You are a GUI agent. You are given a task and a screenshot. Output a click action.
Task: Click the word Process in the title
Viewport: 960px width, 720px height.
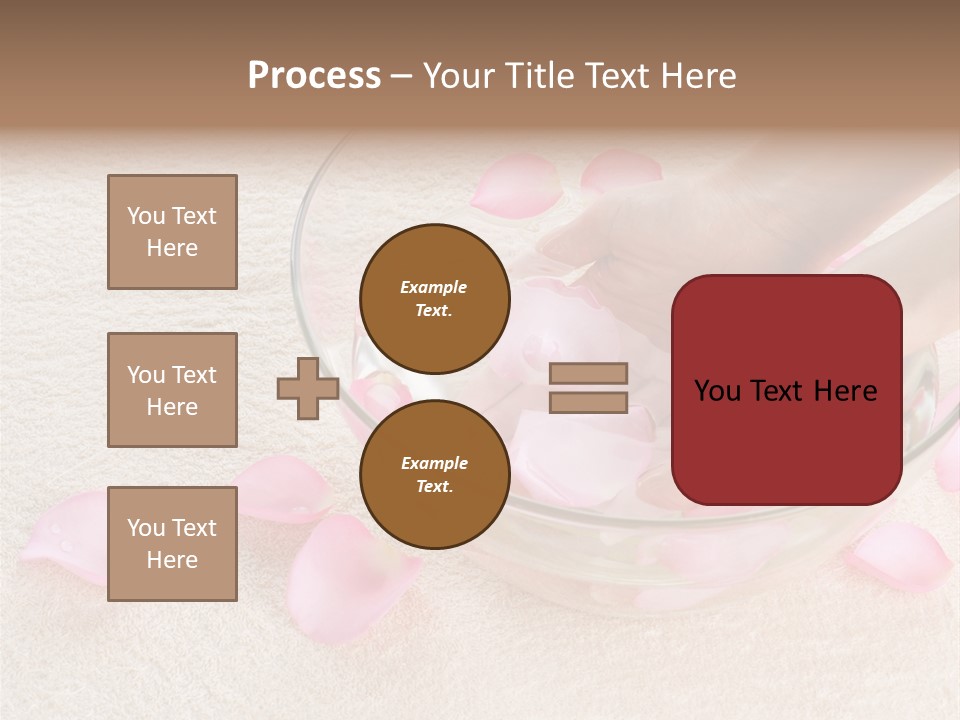click(314, 76)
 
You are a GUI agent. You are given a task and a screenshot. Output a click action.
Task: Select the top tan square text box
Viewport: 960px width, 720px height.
click(172, 232)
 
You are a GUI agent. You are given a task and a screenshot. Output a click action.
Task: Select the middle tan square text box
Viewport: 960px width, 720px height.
click(172, 390)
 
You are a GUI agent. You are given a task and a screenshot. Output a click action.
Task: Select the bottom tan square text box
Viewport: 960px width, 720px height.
click(172, 544)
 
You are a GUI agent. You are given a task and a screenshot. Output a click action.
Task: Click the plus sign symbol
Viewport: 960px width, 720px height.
click(307, 388)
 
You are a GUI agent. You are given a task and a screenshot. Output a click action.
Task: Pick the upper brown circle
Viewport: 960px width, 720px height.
click(434, 298)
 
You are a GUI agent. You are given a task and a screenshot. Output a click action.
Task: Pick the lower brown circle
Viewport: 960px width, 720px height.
click(434, 474)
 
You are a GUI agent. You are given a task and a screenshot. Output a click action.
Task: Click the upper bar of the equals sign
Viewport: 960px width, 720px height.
click(588, 373)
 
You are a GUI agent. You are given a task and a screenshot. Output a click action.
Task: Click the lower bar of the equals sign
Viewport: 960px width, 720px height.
click(588, 402)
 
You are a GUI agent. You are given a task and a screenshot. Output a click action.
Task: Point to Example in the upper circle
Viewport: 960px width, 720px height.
click(434, 287)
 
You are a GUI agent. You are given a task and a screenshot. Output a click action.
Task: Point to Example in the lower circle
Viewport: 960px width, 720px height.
click(434, 463)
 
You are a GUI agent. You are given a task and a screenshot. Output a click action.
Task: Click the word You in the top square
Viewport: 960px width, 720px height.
click(145, 216)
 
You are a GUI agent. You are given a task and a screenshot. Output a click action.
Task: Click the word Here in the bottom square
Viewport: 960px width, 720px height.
click(172, 560)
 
